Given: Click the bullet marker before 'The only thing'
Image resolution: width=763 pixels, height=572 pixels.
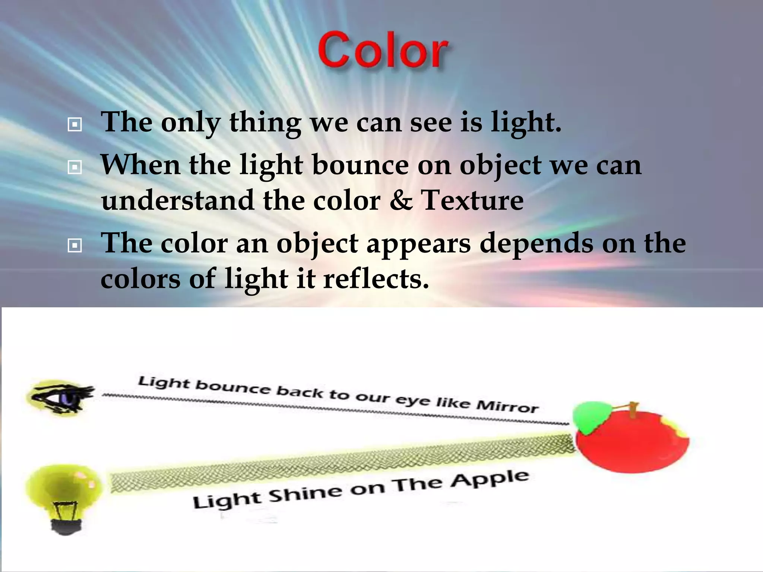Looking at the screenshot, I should [75, 125].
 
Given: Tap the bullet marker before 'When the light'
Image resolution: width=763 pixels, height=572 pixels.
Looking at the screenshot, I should [75, 168].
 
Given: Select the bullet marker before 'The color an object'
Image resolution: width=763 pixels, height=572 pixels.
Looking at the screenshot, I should [75, 246].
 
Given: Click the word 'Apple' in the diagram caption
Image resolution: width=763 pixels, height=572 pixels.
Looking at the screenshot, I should [489, 480].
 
